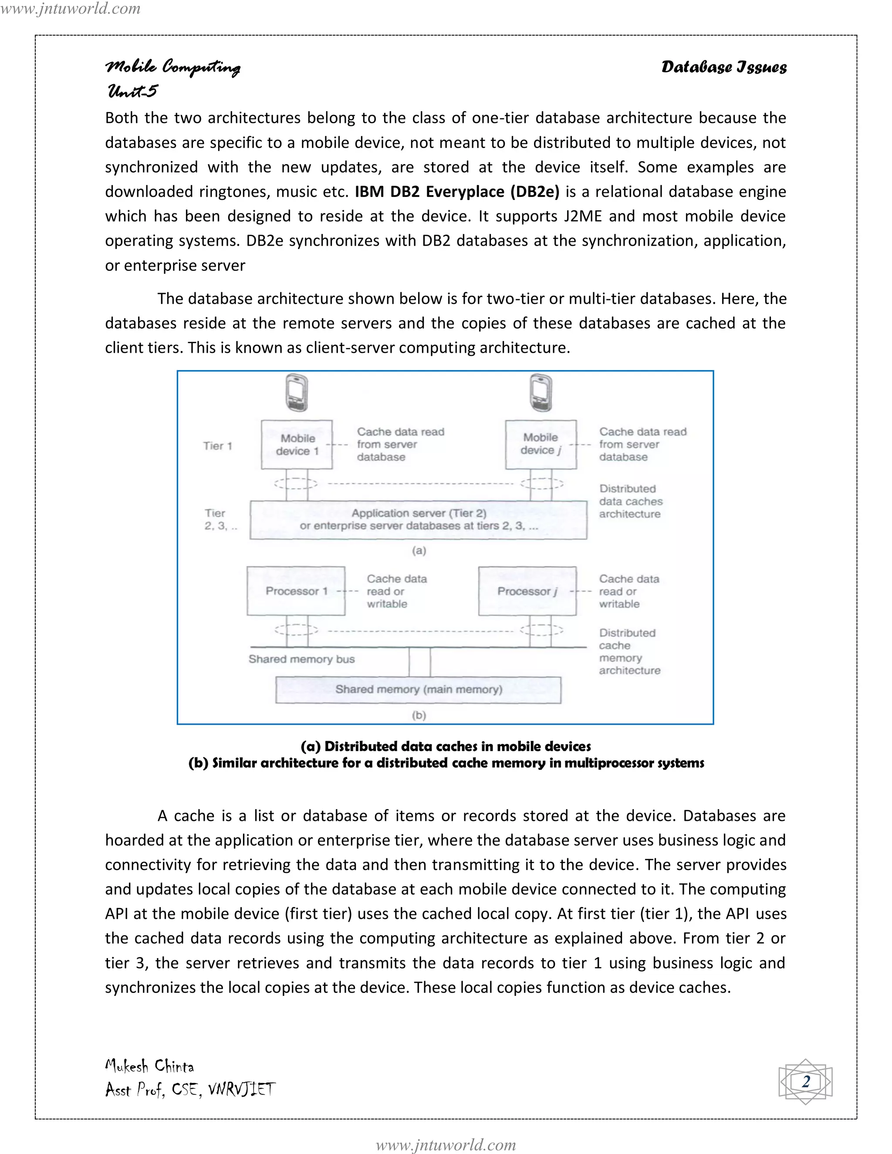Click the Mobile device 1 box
point(297,444)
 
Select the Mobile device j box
point(541,444)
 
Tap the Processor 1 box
point(296,591)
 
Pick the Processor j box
point(527,591)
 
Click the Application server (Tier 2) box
point(418,520)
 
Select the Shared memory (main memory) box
point(418,689)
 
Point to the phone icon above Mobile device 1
point(297,393)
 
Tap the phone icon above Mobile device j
point(541,393)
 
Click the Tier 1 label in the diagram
point(218,446)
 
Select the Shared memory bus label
point(301,659)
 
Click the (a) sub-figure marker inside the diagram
point(419,550)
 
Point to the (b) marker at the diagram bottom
point(419,715)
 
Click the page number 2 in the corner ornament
point(805,1081)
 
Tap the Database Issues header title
point(723,67)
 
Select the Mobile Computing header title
point(173,67)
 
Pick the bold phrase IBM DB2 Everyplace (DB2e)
point(456,191)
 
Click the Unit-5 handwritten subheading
point(132,91)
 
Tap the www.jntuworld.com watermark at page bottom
point(446,1144)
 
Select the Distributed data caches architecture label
point(630,501)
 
